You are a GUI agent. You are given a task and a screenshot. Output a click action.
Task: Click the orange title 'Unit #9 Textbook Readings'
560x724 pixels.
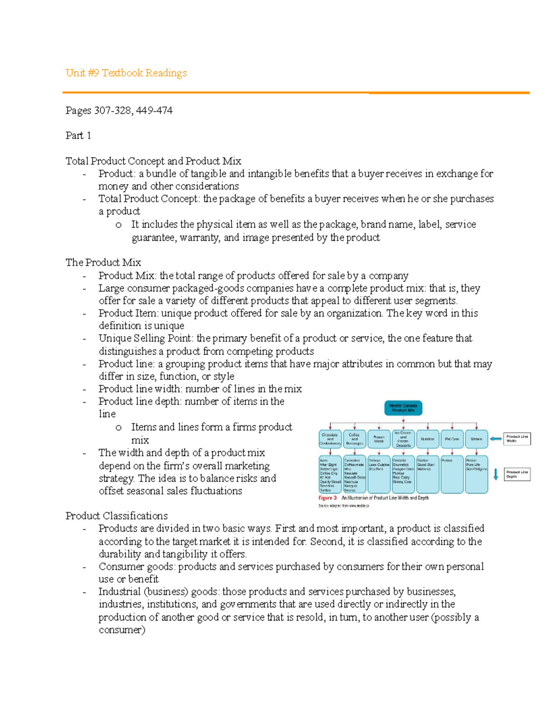(126, 73)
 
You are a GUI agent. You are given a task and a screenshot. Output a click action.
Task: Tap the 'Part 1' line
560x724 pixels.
(78, 136)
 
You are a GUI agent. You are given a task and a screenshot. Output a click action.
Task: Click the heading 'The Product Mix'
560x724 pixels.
(103, 262)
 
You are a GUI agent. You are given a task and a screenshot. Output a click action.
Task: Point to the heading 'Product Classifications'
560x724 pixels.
(116, 516)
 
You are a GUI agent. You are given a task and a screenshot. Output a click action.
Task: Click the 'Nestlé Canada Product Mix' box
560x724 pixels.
(403, 408)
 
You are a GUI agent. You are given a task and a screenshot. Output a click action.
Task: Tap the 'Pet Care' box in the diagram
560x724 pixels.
(452, 439)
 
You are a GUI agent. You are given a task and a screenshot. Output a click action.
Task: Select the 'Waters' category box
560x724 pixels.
(476, 439)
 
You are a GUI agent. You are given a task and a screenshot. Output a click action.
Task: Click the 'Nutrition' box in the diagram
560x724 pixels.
(427, 439)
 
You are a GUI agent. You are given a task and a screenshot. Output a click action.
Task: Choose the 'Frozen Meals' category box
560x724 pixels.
(378, 439)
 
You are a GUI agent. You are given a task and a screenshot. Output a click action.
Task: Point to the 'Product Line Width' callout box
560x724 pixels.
(517, 439)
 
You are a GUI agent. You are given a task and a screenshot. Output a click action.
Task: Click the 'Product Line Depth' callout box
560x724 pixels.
(517, 474)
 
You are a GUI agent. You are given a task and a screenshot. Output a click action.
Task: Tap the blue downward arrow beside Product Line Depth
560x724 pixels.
(496, 474)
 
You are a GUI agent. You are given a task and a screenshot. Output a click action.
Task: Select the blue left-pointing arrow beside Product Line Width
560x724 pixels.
(495, 439)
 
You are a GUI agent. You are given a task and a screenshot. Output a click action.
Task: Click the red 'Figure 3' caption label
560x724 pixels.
(328, 498)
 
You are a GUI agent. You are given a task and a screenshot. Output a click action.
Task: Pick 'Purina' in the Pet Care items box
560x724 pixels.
(447, 460)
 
